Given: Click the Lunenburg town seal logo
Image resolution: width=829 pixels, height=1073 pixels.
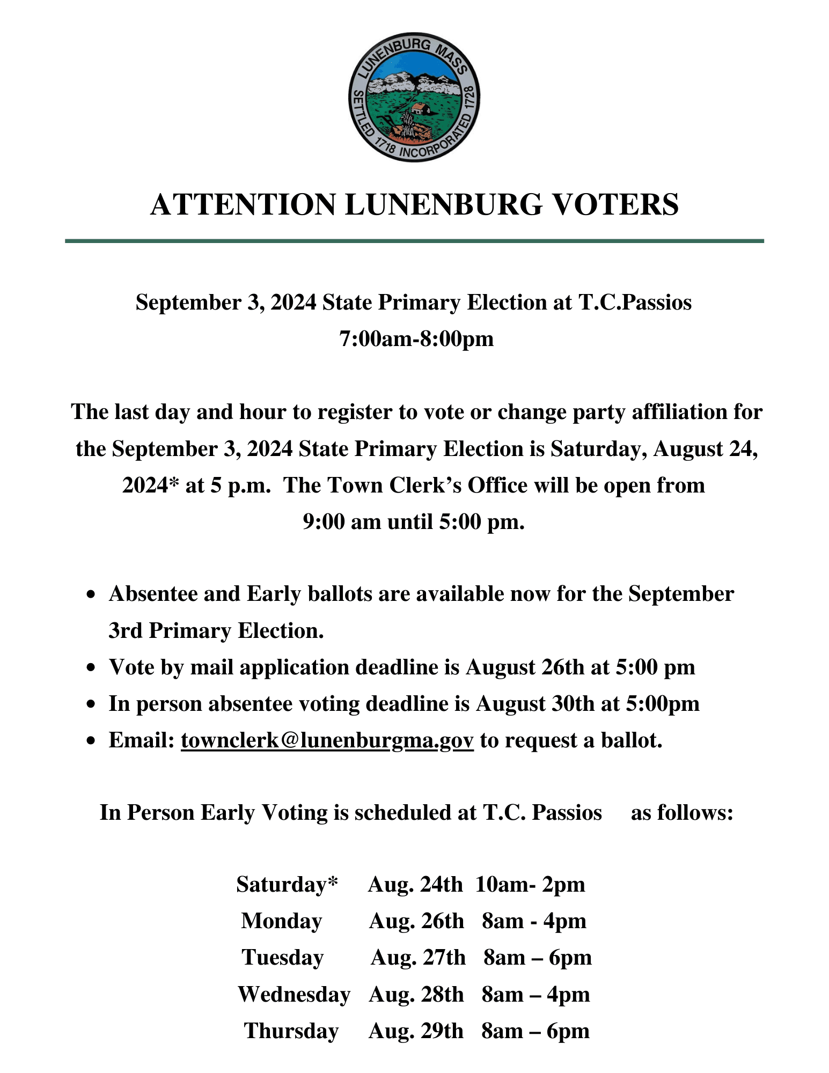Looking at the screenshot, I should click(x=414, y=97).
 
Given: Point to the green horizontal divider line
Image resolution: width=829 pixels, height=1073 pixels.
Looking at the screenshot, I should click(x=414, y=241).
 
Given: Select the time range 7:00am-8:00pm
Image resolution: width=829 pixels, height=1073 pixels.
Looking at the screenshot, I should click(x=416, y=339).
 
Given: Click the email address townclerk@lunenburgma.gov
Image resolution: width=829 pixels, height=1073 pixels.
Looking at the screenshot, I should click(x=327, y=740).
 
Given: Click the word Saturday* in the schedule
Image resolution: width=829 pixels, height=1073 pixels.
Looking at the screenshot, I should click(x=287, y=885).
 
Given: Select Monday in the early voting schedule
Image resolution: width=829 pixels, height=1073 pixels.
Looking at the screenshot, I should click(x=281, y=921).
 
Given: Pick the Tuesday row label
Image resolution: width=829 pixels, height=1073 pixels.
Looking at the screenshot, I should click(x=283, y=958).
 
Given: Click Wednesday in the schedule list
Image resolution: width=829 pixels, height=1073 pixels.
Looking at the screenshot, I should click(x=294, y=995).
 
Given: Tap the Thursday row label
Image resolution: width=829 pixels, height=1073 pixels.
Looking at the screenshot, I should click(x=291, y=1031).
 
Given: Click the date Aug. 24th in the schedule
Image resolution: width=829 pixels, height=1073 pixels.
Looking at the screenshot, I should click(x=415, y=885).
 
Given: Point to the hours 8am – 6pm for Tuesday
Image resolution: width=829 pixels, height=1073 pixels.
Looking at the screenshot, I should click(x=537, y=958).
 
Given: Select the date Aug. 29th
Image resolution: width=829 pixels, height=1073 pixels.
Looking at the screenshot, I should click(x=415, y=1031).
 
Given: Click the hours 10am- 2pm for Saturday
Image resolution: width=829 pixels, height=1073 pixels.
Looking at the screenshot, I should click(x=530, y=885).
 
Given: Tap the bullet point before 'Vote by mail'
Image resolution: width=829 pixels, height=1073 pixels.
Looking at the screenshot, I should click(x=92, y=668).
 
